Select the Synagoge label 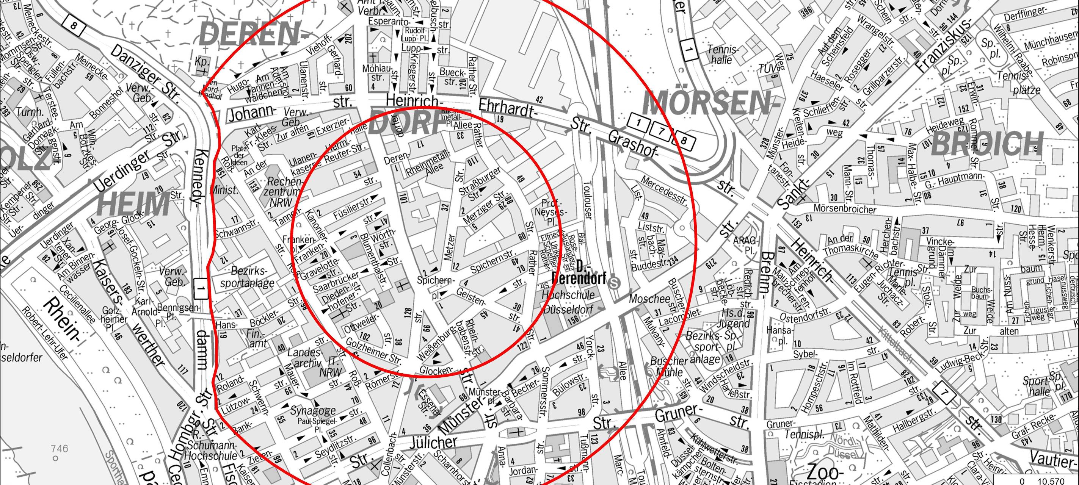[313, 410]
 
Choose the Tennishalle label [723, 55]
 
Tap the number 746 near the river [59, 449]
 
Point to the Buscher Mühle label [669, 366]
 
